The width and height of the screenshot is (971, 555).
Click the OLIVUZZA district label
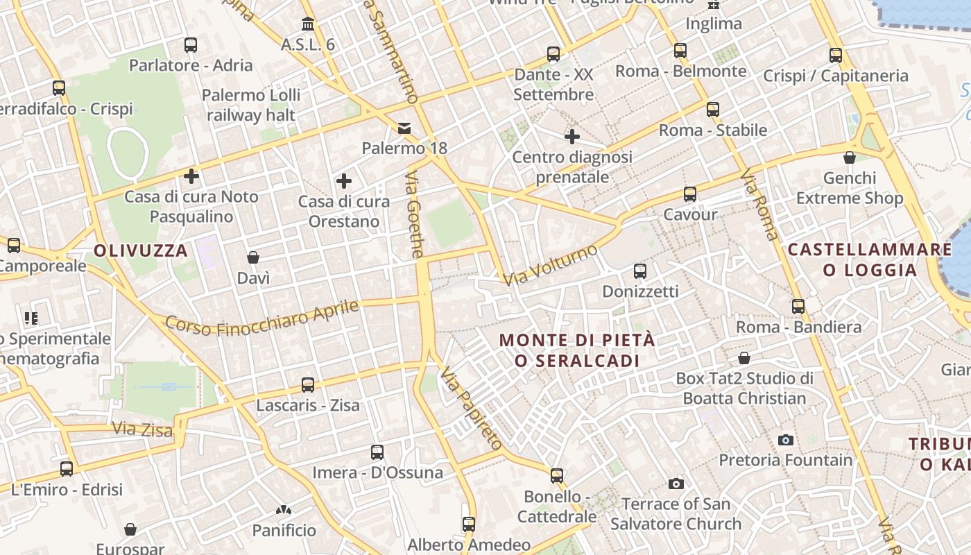point(141,250)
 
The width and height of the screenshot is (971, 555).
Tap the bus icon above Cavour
point(689,194)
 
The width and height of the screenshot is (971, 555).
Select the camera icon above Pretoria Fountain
point(786,440)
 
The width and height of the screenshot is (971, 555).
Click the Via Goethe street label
point(414,215)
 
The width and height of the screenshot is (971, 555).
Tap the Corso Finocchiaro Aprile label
point(262,318)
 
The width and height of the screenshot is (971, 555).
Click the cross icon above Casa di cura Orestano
point(344,182)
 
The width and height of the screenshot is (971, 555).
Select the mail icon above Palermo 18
point(404,128)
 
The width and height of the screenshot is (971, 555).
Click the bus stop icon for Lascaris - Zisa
point(308,384)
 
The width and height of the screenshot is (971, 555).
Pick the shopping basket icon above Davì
point(253,258)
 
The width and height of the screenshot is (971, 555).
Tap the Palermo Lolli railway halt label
point(251,105)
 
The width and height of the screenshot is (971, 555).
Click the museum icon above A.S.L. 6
point(308,25)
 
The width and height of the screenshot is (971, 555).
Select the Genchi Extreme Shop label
point(850,188)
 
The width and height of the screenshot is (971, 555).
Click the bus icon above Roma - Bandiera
point(798,306)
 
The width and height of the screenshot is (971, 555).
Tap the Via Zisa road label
point(142,429)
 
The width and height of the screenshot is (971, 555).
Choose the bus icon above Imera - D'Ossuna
point(377,452)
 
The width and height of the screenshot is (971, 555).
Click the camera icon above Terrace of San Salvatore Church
point(676,484)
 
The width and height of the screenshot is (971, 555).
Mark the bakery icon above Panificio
point(284,511)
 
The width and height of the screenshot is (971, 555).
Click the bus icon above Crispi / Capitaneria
point(836,55)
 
